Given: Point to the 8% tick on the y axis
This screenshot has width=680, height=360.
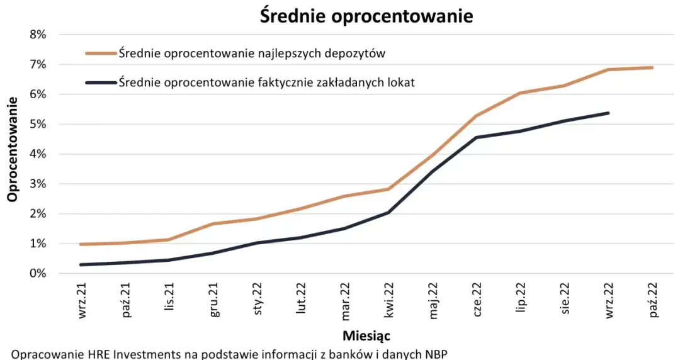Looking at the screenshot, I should click(37, 35).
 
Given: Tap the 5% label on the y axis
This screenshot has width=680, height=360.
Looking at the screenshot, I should click(37, 124).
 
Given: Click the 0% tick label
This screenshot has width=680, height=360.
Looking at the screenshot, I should click(37, 273).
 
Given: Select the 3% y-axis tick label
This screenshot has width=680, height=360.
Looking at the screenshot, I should click(37, 184).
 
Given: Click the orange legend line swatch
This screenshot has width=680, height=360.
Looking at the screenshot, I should click(101, 53).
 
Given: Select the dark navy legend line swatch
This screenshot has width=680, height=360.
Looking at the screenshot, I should click(101, 82).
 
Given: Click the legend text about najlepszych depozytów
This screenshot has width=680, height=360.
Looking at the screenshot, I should click(252, 53).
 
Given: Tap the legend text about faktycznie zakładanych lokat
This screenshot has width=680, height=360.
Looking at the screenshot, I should click(266, 82).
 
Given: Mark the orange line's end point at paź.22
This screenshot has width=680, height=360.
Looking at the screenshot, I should click(652, 67).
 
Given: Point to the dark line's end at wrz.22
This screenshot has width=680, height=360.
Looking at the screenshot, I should click(608, 113).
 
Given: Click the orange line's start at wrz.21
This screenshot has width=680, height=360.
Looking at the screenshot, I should click(82, 244).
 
